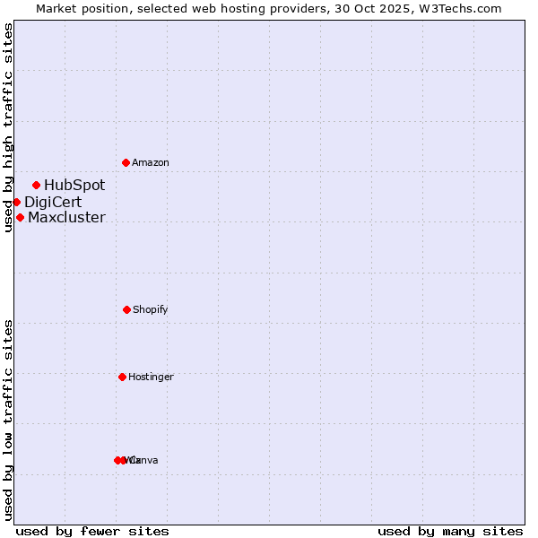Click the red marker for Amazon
click(x=126, y=162)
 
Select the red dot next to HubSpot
click(x=36, y=186)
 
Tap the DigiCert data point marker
click(x=16, y=202)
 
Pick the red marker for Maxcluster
click(x=20, y=217)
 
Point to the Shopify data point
click(x=126, y=309)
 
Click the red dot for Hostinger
click(x=122, y=377)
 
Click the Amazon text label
click(x=151, y=163)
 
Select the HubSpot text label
click(x=74, y=186)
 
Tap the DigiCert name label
click(x=53, y=202)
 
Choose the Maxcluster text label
click(x=66, y=217)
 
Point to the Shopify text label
click(x=151, y=310)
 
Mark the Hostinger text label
click(x=151, y=377)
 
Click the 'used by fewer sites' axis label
click(x=92, y=531)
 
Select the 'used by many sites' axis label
click(x=450, y=531)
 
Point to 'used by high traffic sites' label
click(x=8, y=127)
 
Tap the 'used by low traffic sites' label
click(x=8, y=420)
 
